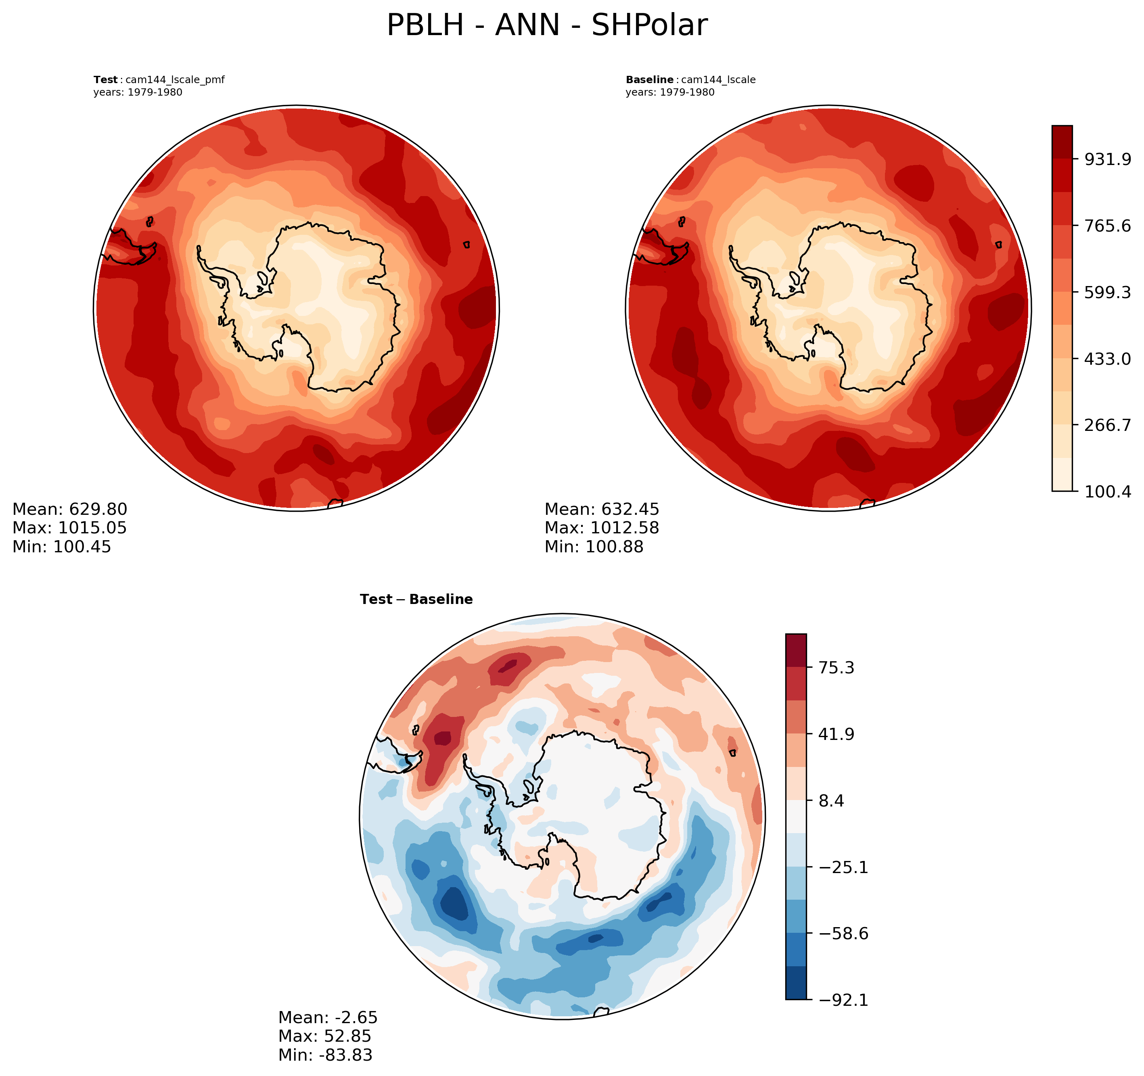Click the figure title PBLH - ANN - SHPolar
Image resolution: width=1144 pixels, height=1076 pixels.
coord(547,26)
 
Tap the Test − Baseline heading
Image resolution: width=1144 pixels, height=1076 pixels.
coord(416,600)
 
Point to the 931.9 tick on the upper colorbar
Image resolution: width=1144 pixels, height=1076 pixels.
coord(1108,159)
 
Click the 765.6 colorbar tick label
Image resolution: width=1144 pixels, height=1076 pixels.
coord(1108,226)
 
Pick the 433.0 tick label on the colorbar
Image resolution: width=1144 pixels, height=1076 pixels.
coord(1108,359)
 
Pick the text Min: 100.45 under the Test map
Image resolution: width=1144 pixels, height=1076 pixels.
coord(62,547)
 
